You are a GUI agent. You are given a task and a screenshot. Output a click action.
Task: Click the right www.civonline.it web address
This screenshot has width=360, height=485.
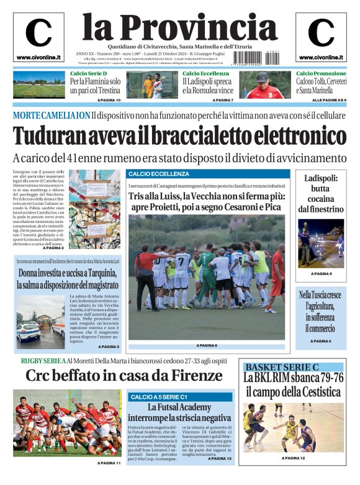pyautogui.click(x=320, y=58)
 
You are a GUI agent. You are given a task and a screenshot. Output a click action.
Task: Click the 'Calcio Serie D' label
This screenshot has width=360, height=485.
pyautogui.click(x=88, y=73)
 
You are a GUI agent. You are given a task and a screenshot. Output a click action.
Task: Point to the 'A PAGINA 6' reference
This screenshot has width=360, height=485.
pyautogui.click(x=207, y=345)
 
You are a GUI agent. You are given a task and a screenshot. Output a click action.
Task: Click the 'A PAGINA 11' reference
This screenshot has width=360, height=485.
pyautogui.click(x=109, y=463)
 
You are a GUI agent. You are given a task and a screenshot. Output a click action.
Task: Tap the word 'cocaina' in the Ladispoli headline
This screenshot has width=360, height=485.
pyautogui.click(x=320, y=199)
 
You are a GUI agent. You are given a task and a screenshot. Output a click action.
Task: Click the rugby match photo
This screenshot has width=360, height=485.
pyautogui.click(x=67, y=424)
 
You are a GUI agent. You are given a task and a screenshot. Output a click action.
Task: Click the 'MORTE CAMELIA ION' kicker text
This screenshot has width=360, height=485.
pyautogui.click(x=51, y=116)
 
